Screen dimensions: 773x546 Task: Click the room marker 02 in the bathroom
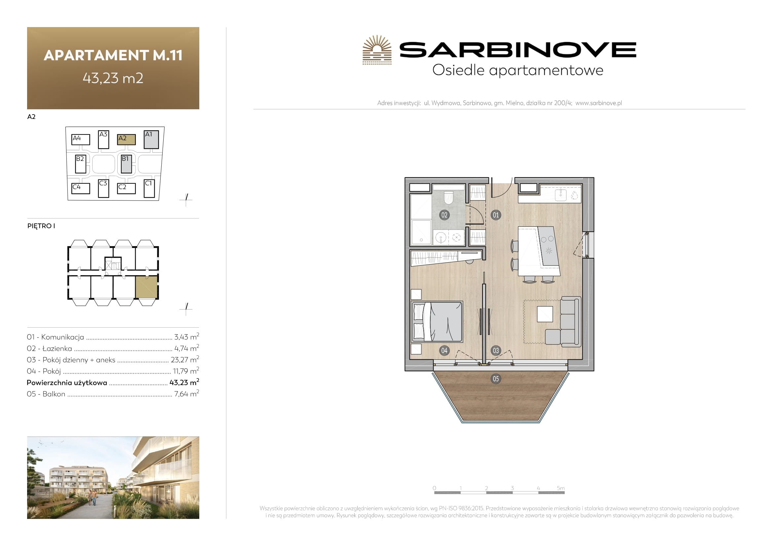click(x=444, y=215)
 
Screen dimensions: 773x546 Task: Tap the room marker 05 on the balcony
click(x=496, y=379)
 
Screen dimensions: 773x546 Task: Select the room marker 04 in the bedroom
click(x=444, y=350)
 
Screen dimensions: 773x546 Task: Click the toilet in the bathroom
click(x=449, y=198)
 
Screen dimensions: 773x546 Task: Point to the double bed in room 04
click(x=437, y=321)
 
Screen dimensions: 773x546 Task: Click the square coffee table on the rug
click(x=545, y=314)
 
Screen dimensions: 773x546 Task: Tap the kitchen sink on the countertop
click(x=560, y=195)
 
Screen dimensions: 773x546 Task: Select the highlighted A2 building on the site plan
click(x=126, y=139)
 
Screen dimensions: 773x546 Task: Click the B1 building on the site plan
click(x=126, y=164)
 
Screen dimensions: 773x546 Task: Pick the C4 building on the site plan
click(x=81, y=188)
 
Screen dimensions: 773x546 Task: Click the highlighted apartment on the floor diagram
click(x=146, y=287)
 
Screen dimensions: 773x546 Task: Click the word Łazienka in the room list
click(x=57, y=348)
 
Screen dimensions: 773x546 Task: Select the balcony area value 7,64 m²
click(x=186, y=394)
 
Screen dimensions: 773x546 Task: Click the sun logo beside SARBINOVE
click(x=377, y=50)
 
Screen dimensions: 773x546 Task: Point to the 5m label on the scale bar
click(x=560, y=488)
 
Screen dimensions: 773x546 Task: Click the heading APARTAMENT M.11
click(x=113, y=55)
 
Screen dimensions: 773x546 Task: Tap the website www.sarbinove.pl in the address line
click(x=599, y=103)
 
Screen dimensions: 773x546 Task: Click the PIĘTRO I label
click(x=41, y=226)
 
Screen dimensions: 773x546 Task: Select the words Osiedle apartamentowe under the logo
click(x=518, y=70)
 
